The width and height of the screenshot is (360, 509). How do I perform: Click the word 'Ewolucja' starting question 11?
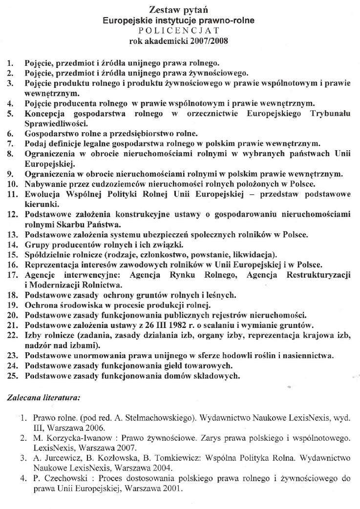point(42,194)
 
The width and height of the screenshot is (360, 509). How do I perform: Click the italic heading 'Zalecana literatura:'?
point(43,398)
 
